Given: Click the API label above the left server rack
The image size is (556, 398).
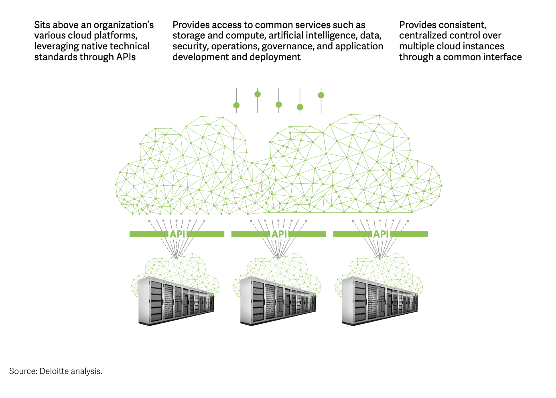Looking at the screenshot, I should (x=177, y=234).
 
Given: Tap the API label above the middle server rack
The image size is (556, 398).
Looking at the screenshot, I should (x=279, y=234).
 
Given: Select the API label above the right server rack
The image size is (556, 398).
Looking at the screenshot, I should (x=381, y=234).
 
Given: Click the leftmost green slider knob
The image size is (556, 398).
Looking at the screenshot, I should (x=236, y=106).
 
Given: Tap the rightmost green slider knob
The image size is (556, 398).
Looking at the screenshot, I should (x=321, y=95).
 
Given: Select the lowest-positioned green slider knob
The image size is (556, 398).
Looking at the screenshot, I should (x=300, y=107).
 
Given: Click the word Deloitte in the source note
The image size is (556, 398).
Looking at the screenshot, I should (x=54, y=371).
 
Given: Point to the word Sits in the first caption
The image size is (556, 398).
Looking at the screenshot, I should (x=42, y=25).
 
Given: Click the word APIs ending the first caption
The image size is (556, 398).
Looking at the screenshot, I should (x=126, y=57).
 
